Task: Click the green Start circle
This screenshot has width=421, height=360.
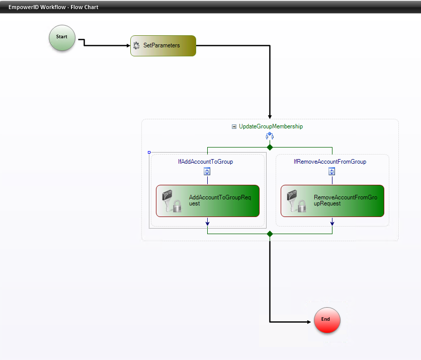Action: tap(62, 38)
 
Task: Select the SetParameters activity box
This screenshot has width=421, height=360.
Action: tap(163, 46)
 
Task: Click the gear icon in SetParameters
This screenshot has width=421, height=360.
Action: tap(136, 46)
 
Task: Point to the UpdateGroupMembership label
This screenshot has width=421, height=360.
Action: tap(271, 126)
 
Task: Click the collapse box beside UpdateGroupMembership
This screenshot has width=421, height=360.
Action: tap(234, 127)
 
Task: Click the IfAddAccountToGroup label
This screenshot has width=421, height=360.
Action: tap(205, 162)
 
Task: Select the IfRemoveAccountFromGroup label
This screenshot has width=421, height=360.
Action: tap(330, 162)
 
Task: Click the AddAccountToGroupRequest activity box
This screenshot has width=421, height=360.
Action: tap(208, 200)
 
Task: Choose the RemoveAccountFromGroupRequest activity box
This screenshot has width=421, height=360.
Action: tap(332, 200)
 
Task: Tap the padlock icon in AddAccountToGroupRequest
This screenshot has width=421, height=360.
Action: tap(177, 206)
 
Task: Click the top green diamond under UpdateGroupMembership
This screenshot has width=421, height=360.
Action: tap(270, 147)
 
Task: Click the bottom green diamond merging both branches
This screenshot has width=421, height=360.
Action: tap(270, 234)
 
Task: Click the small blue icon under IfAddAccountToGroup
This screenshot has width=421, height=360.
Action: tap(207, 172)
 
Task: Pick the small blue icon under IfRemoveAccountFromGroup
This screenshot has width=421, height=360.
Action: tap(332, 172)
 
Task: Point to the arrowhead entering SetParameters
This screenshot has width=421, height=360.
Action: tap(128, 46)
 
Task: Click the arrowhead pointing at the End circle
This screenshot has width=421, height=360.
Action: tap(311, 321)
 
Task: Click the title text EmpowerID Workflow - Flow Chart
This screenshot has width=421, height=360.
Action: tap(53, 7)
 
